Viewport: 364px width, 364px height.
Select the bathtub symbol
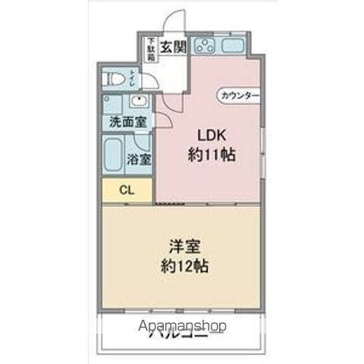(x=115, y=155)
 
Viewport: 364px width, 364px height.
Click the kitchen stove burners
(x=204, y=45)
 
